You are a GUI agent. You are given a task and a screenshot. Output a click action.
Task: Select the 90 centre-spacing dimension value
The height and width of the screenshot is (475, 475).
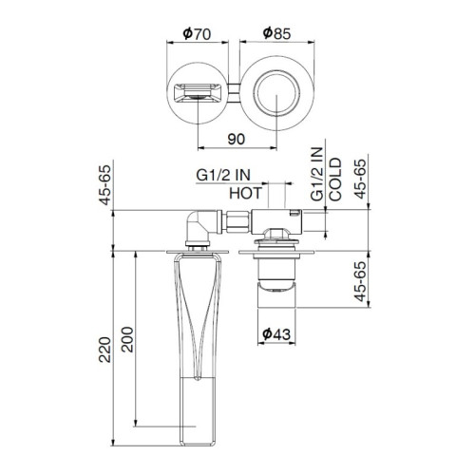click(x=237, y=139)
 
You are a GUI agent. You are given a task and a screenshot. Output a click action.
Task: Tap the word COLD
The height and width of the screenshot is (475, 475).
click(x=335, y=180)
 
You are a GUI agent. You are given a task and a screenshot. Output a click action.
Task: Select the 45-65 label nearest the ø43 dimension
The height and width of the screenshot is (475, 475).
click(x=360, y=282)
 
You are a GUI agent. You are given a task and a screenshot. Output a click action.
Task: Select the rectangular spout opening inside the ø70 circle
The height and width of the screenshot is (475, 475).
click(x=197, y=94)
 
